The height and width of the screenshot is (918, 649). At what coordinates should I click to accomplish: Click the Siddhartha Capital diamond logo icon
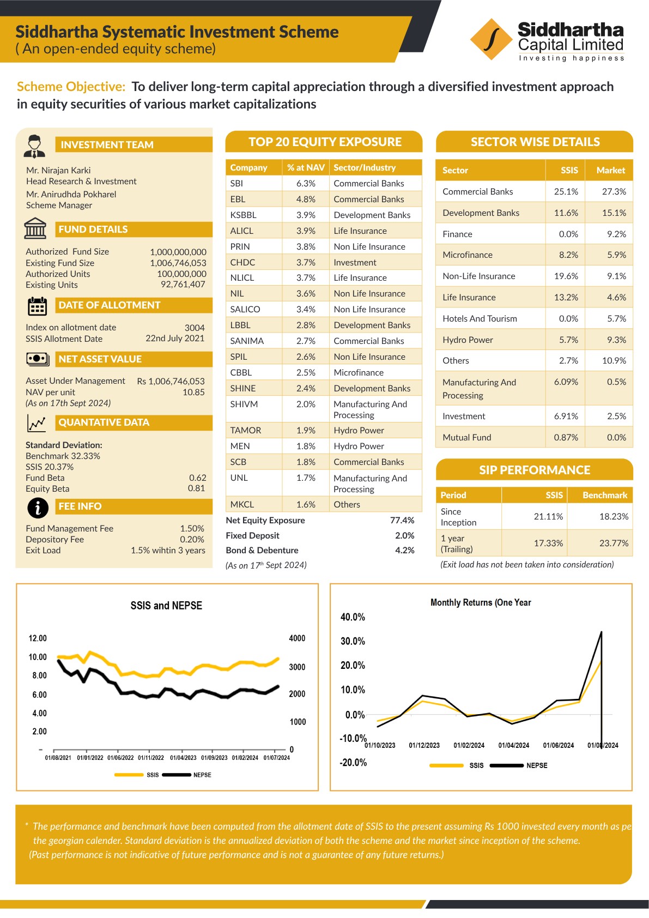tap(491, 39)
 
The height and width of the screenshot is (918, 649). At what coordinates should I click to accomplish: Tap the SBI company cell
tap(236, 183)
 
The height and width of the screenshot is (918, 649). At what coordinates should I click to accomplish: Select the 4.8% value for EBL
tap(306, 199)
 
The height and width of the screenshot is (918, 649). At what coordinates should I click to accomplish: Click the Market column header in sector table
tap(610, 170)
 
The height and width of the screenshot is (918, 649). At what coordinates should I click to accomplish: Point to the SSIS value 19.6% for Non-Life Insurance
tap(566, 276)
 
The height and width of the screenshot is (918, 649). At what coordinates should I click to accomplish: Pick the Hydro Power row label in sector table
tap(468, 340)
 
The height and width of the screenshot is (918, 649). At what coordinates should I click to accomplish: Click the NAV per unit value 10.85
tap(193, 392)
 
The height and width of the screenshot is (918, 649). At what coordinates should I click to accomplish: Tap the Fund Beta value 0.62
tap(197, 478)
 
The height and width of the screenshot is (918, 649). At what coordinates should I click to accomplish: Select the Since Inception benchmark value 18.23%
tap(614, 516)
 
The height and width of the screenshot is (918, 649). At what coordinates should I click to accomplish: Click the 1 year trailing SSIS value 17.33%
tap(548, 543)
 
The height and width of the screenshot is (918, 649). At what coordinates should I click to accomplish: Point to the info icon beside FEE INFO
tap(38, 508)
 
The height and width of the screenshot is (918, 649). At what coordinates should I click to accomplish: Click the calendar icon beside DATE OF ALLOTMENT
tap(37, 306)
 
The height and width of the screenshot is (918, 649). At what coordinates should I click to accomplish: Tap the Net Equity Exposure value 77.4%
tap(402, 520)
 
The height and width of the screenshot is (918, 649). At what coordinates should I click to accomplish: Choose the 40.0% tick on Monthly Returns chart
tap(353, 617)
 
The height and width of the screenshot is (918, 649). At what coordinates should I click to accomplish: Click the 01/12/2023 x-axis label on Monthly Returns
tap(424, 745)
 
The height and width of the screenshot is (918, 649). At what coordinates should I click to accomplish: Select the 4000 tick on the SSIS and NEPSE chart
tap(297, 638)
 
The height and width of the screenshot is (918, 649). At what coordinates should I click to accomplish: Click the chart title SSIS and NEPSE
tap(166, 606)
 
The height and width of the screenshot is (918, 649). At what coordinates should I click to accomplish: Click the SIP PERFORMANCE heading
tap(534, 470)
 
